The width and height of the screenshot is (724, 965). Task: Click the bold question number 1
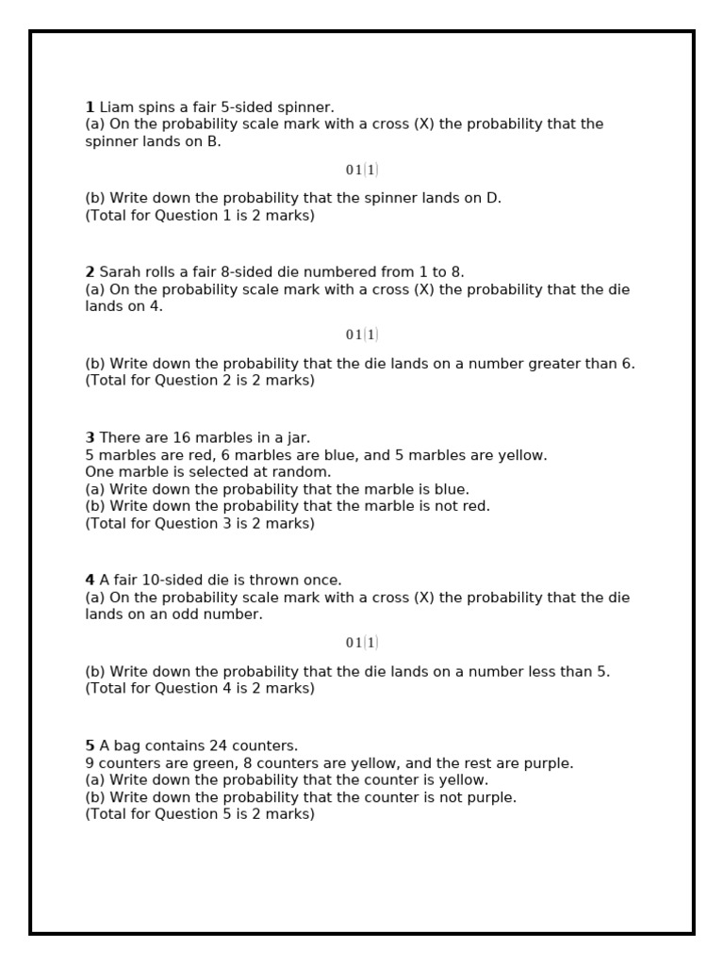point(90,107)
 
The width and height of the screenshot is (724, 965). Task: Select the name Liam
point(115,107)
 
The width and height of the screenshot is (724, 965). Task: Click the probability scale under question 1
point(362,171)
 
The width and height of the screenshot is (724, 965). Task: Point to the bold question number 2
point(90,272)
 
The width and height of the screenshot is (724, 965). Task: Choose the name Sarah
point(120,272)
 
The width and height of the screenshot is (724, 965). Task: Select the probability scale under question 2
point(362,335)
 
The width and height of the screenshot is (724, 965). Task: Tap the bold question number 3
point(90,438)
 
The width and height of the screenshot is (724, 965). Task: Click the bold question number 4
point(90,581)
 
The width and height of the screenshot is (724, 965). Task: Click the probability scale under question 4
point(362,644)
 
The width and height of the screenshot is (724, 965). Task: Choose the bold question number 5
point(90,746)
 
